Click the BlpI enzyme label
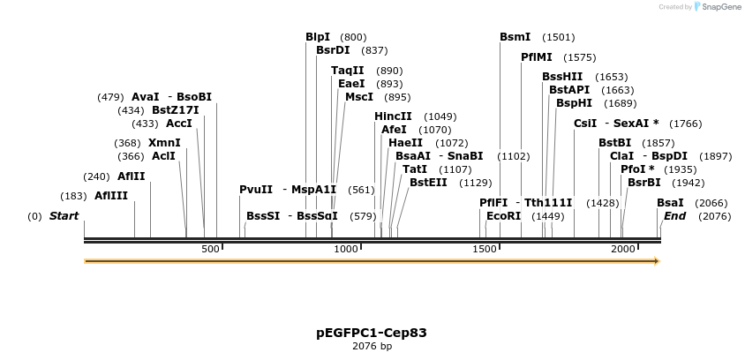pyautogui.click(x=318, y=37)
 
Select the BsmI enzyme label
pyautogui.click(x=515, y=37)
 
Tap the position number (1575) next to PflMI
pyautogui.click(x=580, y=57)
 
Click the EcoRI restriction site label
pyautogui.click(x=503, y=215)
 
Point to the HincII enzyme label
pyautogui.click(x=393, y=116)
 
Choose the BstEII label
pyautogui.click(x=428, y=183)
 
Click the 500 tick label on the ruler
pyautogui.click(x=210, y=250)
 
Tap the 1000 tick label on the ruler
pyautogui.click(x=348, y=250)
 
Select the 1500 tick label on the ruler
pyautogui.click(x=485, y=250)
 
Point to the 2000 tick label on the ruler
pyautogui.click(x=623, y=250)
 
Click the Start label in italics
pyautogui.click(x=64, y=216)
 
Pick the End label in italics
pyautogui.click(x=674, y=216)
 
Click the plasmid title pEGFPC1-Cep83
pyautogui.click(x=372, y=333)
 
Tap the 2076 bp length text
pyautogui.click(x=372, y=347)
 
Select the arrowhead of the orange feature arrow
pyautogui.click(x=656, y=261)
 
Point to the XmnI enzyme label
pyautogui.click(x=164, y=143)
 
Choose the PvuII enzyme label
pyautogui.click(x=256, y=190)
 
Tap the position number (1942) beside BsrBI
pyautogui.click(x=688, y=183)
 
